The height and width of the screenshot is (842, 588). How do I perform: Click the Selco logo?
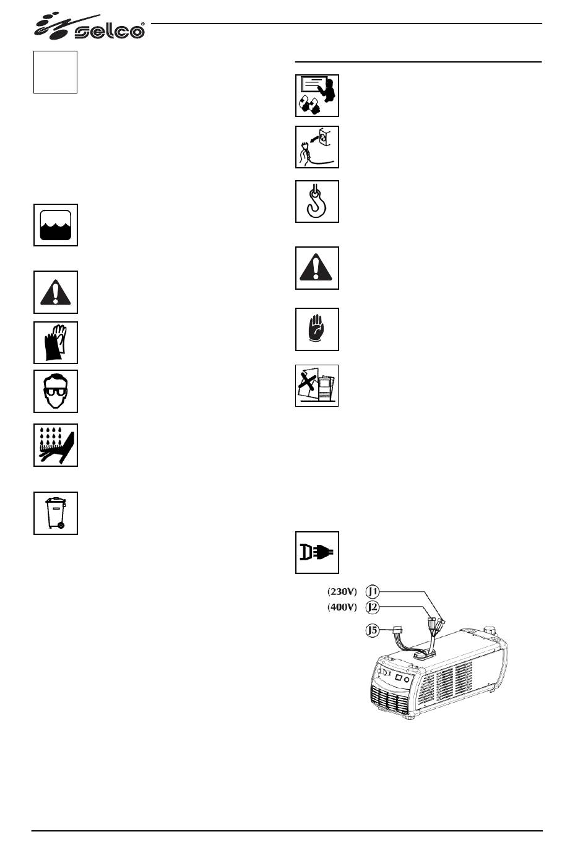coord(90,26)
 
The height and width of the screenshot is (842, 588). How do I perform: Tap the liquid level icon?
coord(56,225)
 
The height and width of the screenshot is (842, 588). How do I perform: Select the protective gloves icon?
coord(56,342)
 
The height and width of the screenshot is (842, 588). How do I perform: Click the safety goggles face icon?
coord(56,391)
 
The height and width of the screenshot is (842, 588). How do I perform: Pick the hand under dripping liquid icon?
coord(56,445)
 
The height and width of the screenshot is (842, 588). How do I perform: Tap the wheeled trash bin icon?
coord(56,513)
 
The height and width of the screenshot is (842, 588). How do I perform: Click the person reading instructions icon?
coord(317,95)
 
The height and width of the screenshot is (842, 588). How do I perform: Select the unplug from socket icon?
coord(317,147)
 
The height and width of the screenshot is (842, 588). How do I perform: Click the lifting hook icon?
coord(317,201)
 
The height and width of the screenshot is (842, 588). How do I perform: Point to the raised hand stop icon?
coord(317,329)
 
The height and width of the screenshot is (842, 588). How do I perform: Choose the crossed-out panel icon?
coord(317,386)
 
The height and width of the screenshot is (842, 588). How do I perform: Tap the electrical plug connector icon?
coord(317,552)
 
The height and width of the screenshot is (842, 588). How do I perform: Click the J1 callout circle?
coord(373,591)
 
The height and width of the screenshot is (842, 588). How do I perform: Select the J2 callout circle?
coord(373,607)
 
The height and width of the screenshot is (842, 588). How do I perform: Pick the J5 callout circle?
coord(372,631)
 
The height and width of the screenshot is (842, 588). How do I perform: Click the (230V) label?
coord(342,591)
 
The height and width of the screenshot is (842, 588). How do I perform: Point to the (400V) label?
coord(342,607)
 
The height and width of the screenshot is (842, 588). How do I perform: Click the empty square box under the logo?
coord(55,72)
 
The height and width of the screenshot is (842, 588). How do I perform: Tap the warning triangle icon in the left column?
coord(56,292)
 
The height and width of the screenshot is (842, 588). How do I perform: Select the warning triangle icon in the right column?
coord(317,268)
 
